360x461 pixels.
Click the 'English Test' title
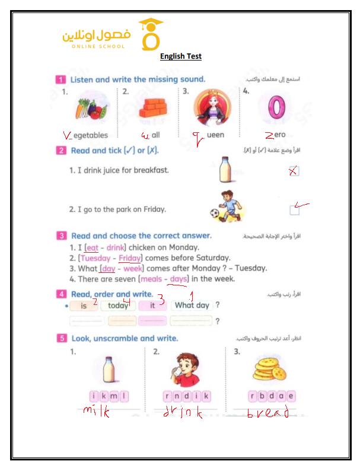181,56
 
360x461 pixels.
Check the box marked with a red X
292,171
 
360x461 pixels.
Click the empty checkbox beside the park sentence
294,209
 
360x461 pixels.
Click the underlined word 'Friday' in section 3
129,258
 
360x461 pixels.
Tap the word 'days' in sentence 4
178,279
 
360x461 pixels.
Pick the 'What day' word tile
192,306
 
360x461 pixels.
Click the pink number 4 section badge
61,294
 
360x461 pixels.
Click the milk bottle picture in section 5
108,370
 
